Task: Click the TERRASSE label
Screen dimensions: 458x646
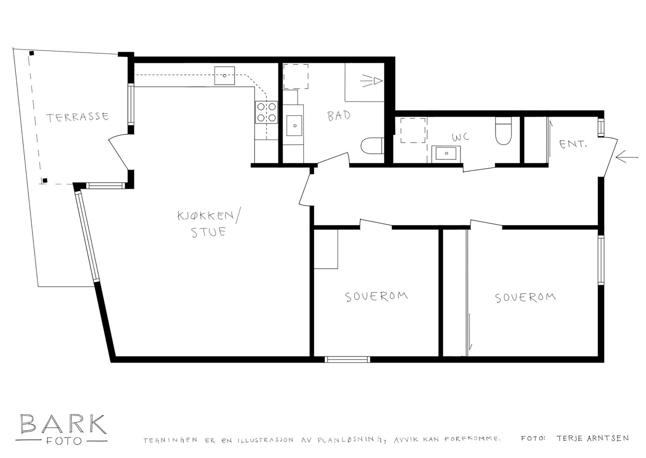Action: [77, 117]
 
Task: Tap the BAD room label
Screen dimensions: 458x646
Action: [338, 116]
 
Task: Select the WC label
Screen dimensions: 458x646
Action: [460, 137]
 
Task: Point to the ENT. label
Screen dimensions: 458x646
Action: [573, 144]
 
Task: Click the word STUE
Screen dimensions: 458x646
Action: [208, 232]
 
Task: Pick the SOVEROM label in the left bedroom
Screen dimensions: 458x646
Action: [376, 296]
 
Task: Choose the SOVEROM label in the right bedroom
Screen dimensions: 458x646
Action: [525, 298]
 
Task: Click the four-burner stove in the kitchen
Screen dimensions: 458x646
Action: [266, 112]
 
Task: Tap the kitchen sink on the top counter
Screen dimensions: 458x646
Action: [224, 76]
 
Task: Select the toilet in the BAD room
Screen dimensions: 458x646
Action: [372, 146]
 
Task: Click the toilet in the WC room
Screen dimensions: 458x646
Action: [503, 131]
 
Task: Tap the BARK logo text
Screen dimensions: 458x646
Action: [63, 424]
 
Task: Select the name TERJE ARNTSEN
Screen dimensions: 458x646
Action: [592, 438]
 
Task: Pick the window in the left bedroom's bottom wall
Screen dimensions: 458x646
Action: [347, 359]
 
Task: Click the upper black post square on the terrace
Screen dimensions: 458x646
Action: [31, 53]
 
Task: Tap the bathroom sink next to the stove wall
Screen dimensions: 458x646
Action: [295, 125]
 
